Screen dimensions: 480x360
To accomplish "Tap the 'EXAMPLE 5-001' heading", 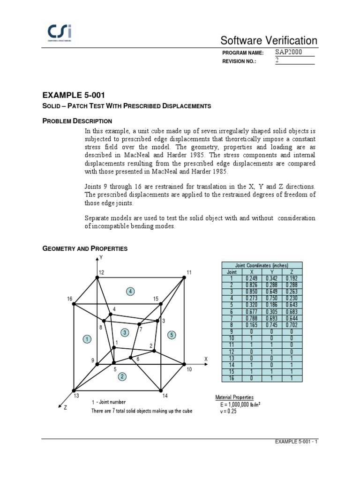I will click(71, 95).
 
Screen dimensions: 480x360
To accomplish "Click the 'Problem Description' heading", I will click(77, 121).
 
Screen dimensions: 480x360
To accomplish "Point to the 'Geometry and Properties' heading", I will click(85, 248).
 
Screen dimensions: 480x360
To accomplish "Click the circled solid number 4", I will click(130, 292).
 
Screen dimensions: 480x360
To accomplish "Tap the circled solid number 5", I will click(172, 335).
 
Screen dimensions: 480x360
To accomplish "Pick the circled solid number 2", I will click(122, 376).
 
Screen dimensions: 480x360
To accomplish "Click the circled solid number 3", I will click(125, 332).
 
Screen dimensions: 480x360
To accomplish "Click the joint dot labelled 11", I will click(184, 278).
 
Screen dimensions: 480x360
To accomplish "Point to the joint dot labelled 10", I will click(183, 364).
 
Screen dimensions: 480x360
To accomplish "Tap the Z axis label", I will click(65, 408).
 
